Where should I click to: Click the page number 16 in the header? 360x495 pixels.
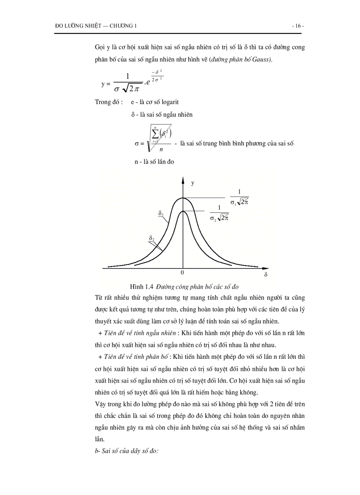click(x=298, y=26)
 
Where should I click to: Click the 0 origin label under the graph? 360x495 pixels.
click(x=182, y=273)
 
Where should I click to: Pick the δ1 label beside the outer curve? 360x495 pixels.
click(x=161, y=213)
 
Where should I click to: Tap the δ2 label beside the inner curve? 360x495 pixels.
click(x=151, y=238)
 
